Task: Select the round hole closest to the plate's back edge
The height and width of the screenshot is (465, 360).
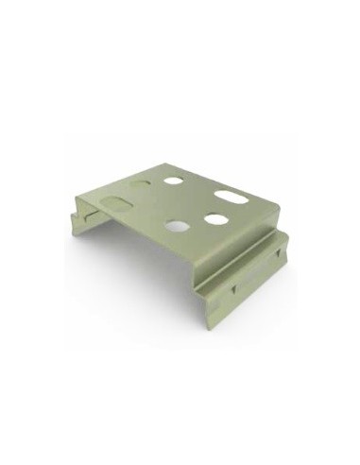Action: (x=173, y=180)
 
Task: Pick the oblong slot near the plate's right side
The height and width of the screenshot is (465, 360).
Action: (x=230, y=197)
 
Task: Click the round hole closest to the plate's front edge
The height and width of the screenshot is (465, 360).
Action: (x=176, y=226)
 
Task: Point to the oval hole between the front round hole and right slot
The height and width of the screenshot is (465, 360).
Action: (x=215, y=219)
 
